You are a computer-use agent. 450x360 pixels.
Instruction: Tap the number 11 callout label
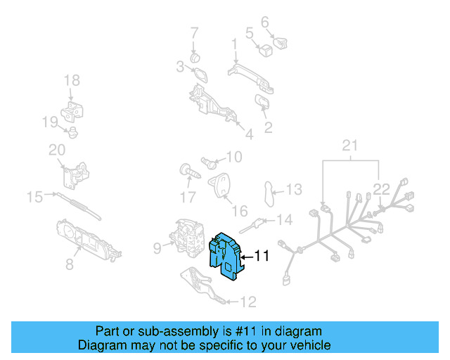coord(262,257)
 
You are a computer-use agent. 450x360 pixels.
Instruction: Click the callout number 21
coord(350,146)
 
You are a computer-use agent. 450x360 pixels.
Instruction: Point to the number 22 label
coord(381,188)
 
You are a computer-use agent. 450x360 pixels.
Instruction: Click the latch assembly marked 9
coord(188,240)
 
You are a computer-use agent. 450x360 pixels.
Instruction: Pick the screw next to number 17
coord(188,171)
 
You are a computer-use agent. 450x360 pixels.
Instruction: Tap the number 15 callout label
coord(34,197)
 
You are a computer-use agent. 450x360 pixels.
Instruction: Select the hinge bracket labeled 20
coord(75,172)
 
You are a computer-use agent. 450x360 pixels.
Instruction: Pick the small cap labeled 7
coord(195,55)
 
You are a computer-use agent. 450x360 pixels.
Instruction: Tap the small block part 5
coord(266,50)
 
